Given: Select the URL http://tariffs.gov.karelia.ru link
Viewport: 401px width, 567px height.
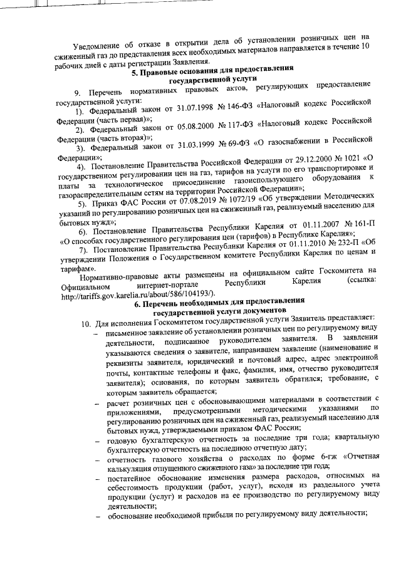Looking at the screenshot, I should click(135, 293).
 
